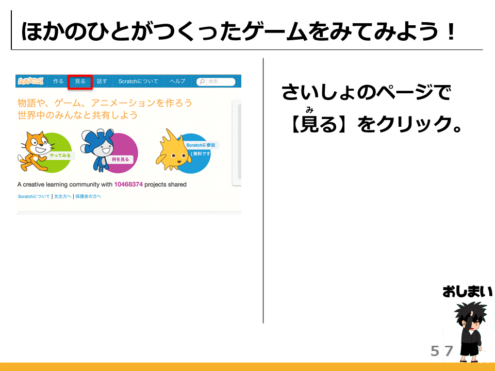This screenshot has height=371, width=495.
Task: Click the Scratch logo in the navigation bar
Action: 30,81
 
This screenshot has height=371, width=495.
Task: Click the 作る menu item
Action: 58,81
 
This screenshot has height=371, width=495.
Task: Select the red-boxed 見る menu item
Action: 80,81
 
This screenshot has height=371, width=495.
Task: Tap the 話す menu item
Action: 102,81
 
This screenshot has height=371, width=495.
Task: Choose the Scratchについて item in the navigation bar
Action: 138,81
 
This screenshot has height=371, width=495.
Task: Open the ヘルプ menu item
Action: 177,81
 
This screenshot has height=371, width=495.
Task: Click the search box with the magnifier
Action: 216,82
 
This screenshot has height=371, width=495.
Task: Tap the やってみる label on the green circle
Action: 60,156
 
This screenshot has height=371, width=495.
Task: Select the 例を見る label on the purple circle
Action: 120,159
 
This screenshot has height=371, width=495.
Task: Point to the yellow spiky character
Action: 173,150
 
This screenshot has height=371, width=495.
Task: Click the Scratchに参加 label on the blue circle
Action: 201,145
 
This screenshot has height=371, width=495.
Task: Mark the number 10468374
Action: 128,184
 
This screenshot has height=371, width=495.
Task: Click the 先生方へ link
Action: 62,196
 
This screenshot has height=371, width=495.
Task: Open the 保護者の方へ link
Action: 88,196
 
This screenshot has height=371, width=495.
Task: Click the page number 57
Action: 442,351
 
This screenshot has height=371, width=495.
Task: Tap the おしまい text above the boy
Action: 467,292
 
